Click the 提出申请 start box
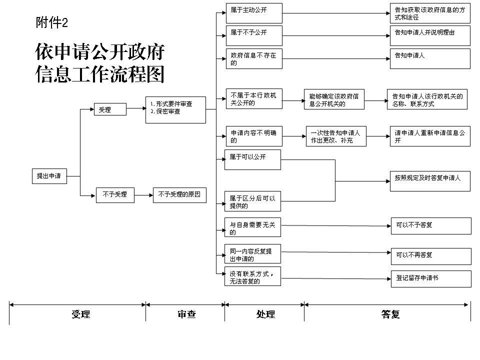[49, 176]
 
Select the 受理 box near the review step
[110, 109]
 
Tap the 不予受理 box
[115, 195]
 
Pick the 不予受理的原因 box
[179, 195]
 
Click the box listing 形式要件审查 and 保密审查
[175, 110]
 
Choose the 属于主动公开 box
[254, 13]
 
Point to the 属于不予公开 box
[254, 36]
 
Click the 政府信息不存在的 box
[254, 58]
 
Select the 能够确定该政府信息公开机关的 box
[334, 99]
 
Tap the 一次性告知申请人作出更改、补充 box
[336, 136]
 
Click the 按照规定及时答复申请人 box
[430, 181]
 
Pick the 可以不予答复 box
[431, 226]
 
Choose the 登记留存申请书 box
[431, 279]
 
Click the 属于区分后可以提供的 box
[252, 201]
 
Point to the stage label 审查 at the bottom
[186, 314]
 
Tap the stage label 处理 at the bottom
[265, 314]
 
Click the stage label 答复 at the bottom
[390, 314]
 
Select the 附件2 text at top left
[51, 22]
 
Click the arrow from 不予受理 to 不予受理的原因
[143, 195]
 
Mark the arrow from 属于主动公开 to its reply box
[336, 13]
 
